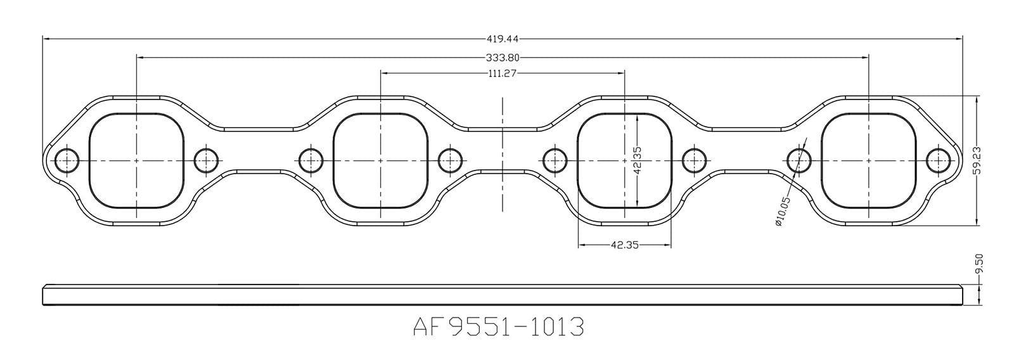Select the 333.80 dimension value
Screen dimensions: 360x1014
coord(502,58)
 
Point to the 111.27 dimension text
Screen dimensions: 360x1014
coord(502,73)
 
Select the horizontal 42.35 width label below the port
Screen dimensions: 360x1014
coord(624,245)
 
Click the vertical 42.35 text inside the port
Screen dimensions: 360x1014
coord(638,161)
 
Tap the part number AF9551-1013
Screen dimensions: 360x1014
coord(498,327)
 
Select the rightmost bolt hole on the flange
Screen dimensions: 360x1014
coord(937,161)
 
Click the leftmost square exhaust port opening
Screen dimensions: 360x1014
coord(136,161)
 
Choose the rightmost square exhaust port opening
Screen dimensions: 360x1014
coord(868,161)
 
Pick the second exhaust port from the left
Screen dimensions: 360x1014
coord(380,161)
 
